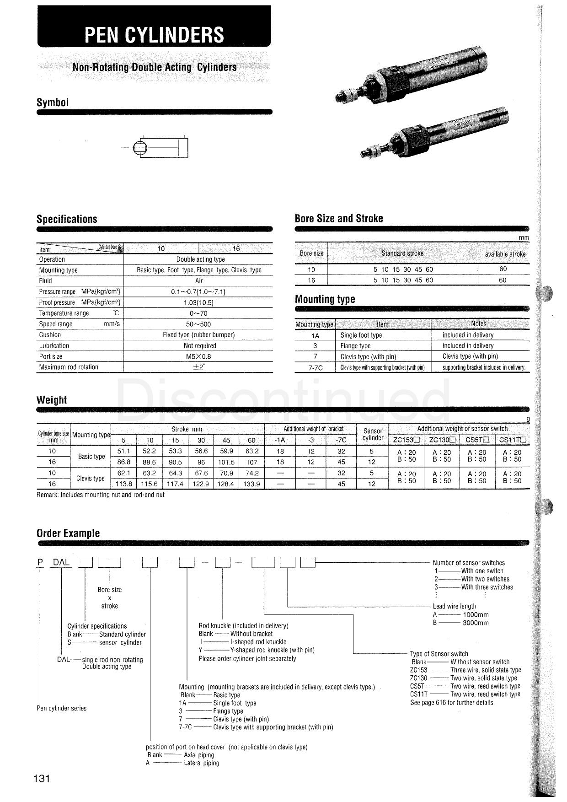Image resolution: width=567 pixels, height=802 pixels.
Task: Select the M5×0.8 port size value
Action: click(x=198, y=356)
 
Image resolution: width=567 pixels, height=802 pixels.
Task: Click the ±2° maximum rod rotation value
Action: click(x=198, y=367)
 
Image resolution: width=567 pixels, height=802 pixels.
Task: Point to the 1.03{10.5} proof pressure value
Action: click(x=198, y=302)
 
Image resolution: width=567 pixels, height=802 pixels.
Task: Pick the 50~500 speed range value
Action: click(x=198, y=324)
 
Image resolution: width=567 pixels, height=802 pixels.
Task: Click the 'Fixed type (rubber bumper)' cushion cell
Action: click(x=198, y=335)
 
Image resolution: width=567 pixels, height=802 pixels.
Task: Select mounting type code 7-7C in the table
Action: click(x=315, y=367)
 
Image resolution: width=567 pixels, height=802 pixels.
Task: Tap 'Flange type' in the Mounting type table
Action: click(x=355, y=346)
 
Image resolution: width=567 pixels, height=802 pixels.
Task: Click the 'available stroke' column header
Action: click(x=505, y=254)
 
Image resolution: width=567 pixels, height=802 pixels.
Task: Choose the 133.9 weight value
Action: click(x=251, y=484)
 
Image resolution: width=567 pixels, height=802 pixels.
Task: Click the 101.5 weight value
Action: click(x=226, y=463)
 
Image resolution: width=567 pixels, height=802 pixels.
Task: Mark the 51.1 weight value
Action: click(x=124, y=452)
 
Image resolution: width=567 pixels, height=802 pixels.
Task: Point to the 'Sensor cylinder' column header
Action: click(x=373, y=435)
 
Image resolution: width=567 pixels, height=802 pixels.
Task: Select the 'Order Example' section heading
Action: click(x=68, y=533)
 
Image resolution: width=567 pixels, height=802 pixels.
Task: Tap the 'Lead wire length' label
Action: click(x=455, y=606)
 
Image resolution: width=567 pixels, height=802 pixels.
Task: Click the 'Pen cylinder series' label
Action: click(x=61, y=708)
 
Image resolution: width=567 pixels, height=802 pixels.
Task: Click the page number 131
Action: click(x=41, y=778)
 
